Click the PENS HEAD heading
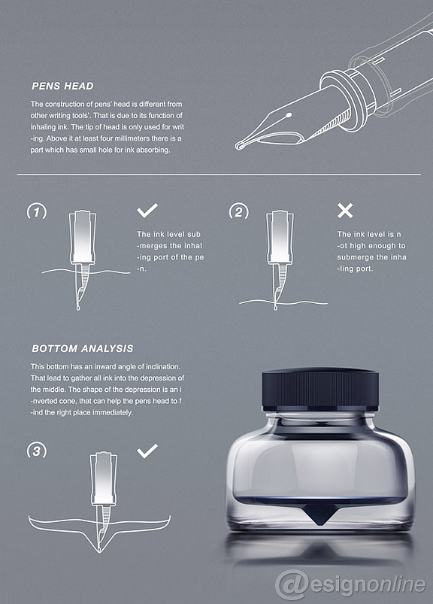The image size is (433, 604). pyautogui.click(x=62, y=86)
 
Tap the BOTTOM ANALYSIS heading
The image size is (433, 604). pyautogui.click(x=83, y=348)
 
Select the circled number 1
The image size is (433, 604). pyautogui.click(x=37, y=212)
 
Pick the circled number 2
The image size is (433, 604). pyautogui.click(x=238, y=212)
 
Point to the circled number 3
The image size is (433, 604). pyautogui.click(x=37, y=451)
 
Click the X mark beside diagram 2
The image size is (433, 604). pyautogui.click(x=345, y=211)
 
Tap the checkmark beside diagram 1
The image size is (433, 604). pyautogui.click(x=147, y=211)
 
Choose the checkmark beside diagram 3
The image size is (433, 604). pyautogui.click(x=147, y=451)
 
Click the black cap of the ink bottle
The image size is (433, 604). pyautogui.click(x=319, y=389)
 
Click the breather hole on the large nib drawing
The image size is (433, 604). pyautogui.click(x=289, y=115)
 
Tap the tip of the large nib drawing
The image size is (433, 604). pyautogui.click(x=238, y=146)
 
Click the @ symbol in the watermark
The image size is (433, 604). pyautogui.click(x=292, y=584)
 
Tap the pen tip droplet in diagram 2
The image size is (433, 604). pyautogui.click(x=276, y=308)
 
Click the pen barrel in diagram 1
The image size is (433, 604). pyautogui.click(x=82, y=237)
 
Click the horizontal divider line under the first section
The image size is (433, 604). pyautogui.click(x=219, y=175)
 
